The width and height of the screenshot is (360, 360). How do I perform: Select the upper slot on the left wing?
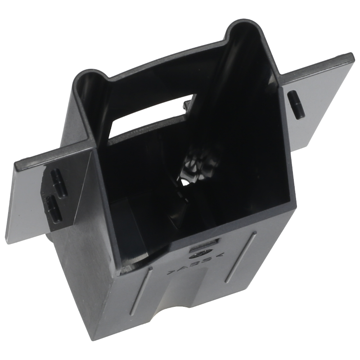[58, 181]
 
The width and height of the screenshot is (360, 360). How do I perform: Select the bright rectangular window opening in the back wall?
[147, 115]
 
